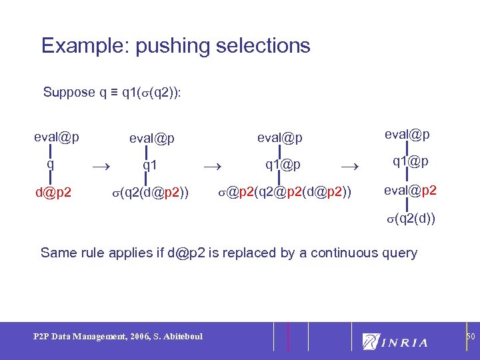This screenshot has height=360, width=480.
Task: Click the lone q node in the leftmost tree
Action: (x=50, y=164)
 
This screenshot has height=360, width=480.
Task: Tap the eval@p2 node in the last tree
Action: (x=411, y=190)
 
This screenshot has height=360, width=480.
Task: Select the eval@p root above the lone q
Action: (x=57, y=137)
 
